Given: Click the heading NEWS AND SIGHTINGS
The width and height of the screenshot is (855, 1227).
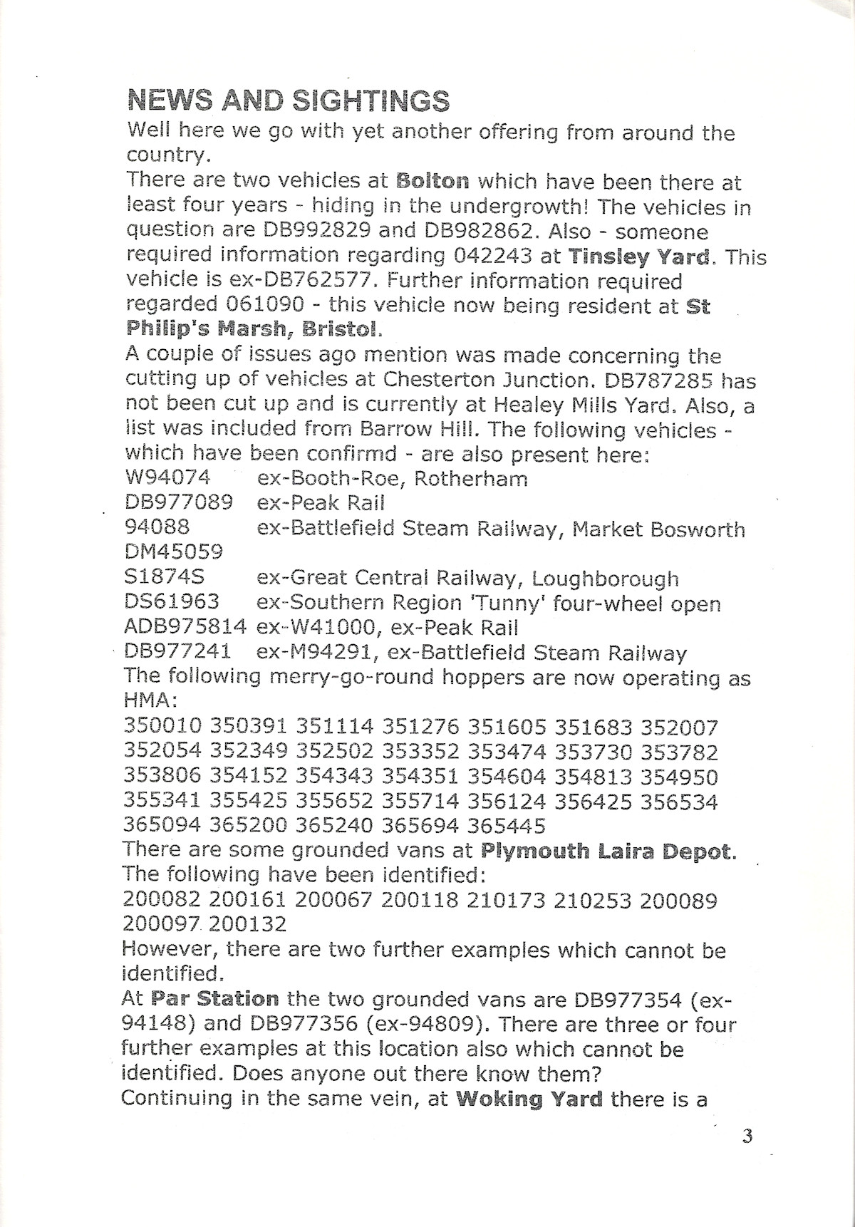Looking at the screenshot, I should (288, 101).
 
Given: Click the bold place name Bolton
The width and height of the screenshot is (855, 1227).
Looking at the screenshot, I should (432, 182).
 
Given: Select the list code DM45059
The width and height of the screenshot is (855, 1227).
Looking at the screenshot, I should (173, 552).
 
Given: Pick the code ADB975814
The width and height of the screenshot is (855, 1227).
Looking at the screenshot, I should (185, 628).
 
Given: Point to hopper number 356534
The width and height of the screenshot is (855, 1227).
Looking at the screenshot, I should (678, 802).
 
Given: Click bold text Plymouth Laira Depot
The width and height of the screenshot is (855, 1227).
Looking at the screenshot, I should (607, 851).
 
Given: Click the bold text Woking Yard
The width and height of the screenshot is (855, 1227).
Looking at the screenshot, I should (529, 1099).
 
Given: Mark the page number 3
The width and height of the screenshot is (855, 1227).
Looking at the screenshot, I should (747, 1136).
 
